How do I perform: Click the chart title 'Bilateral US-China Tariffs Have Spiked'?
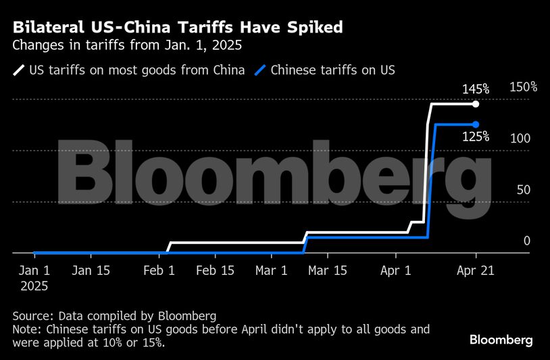click(178, 28)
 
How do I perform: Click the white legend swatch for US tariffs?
click(19, 70)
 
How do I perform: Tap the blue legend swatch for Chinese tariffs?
click(260, 70)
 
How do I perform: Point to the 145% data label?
click(476, 89)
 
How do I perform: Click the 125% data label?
click(476, 136)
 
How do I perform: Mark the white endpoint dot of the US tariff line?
click(476, 104)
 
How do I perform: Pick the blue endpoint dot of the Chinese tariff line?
click(476, 124)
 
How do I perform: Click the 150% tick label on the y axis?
click(523, 87)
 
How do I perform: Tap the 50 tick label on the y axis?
click(523, 190)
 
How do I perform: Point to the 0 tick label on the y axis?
click(527, 241)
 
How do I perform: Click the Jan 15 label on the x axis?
click(91, 271)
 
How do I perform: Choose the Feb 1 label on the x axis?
click(159, 271)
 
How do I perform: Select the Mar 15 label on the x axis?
click(327, 271)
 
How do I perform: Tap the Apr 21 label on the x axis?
click(476, 271)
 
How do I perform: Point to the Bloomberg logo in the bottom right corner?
click(501, 340)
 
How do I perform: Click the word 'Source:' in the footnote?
click(33, 316)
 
